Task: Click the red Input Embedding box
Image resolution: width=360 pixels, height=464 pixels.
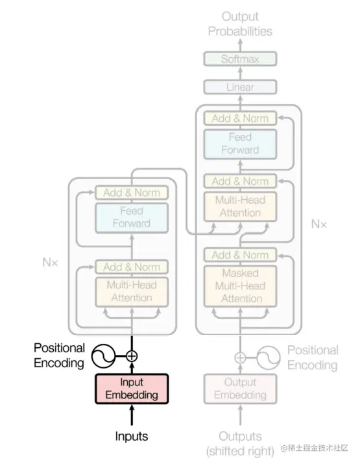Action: pos(132,389)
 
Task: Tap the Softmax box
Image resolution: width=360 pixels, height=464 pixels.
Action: pos(240,59)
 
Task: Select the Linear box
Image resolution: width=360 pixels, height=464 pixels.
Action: pos(240,87)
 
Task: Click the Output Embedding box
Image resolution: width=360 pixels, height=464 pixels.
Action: pos(240,389)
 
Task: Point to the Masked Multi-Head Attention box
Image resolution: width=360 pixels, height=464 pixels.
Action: pos(240,286)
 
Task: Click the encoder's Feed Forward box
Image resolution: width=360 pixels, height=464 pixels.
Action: pos(132,217)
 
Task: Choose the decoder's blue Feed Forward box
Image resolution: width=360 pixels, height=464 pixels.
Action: pos(240,143)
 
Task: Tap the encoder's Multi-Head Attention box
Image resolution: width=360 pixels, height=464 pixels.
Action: pos(132,291)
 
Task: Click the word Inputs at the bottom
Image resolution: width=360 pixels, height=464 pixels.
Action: pos(132,436)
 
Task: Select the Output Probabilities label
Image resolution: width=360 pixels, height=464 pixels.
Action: pos(240,23)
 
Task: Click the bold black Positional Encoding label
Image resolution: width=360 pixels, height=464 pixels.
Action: pos(59,356)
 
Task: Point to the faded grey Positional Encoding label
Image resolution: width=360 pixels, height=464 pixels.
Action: pos(313,358)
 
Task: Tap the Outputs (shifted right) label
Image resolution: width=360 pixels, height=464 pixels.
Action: pos(240,444)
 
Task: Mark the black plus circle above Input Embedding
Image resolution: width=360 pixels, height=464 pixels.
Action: pos(132,356)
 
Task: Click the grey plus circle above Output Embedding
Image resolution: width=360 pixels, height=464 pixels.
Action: pos(240,357)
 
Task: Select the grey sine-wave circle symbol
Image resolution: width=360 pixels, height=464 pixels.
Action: pos(269,357)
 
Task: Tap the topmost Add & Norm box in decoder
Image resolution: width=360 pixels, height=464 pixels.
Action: pos(240,118)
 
